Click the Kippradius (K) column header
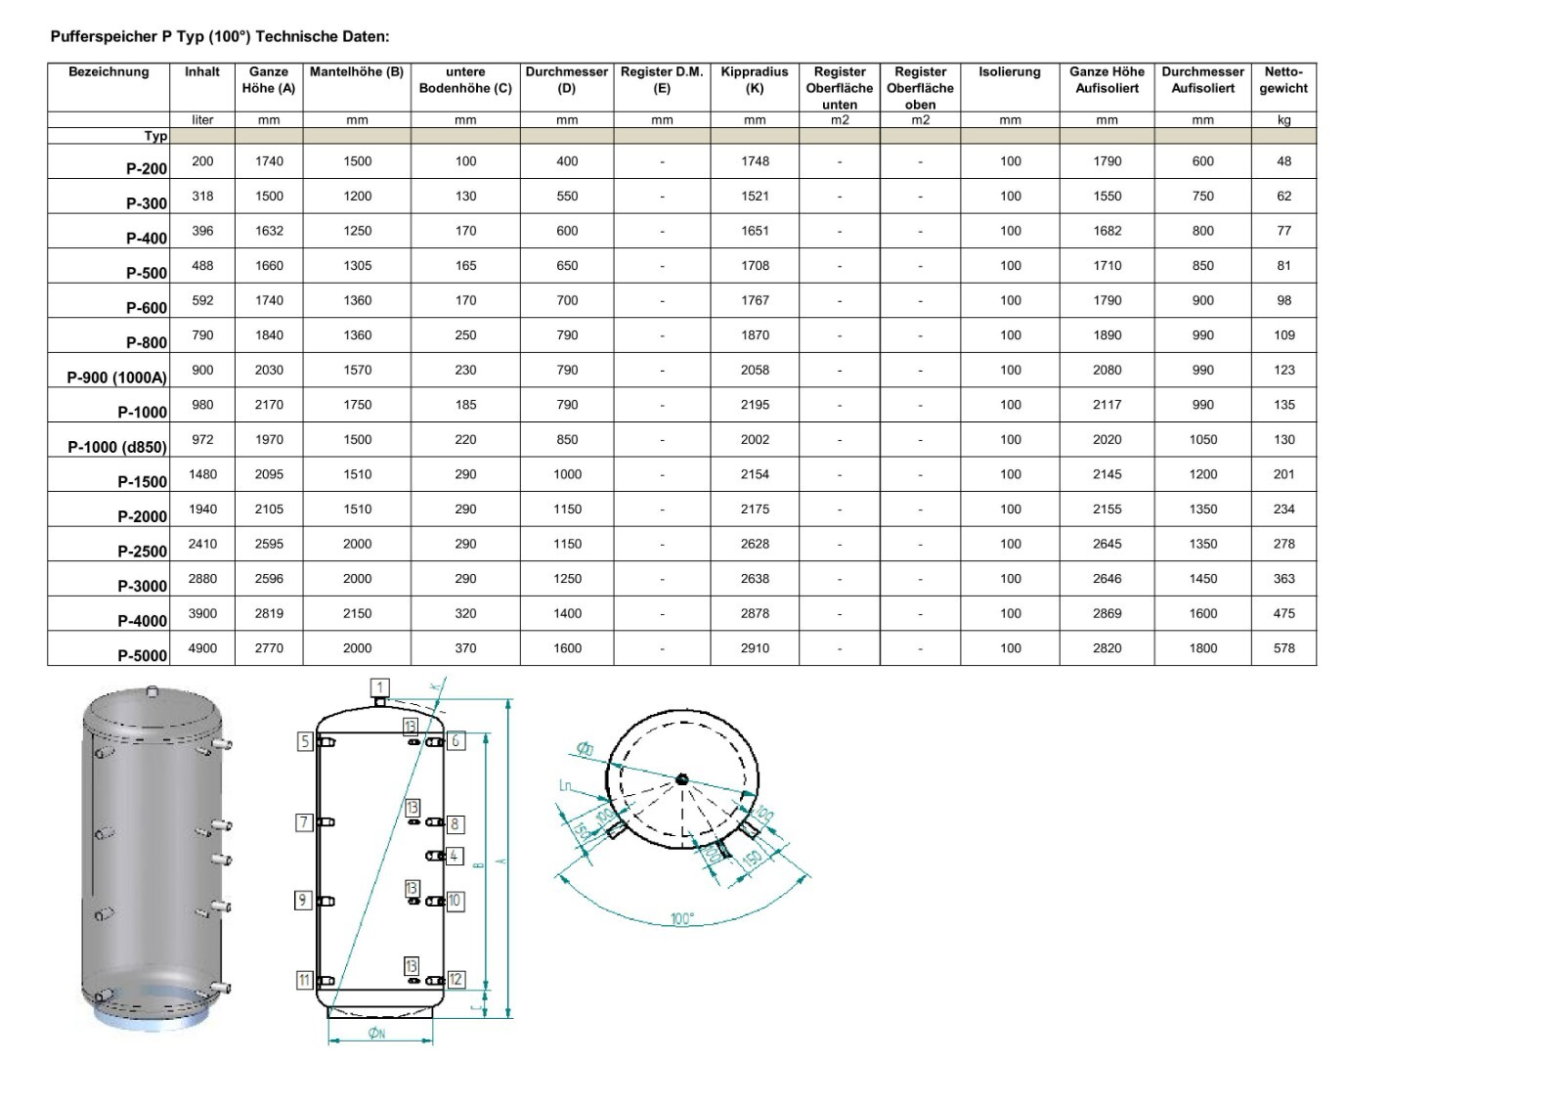754,79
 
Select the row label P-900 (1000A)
116,377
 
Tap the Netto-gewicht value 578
1283,647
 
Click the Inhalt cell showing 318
202,196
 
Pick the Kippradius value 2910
754,647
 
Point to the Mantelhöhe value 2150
357,613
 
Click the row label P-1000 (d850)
117,447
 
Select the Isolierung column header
1009,71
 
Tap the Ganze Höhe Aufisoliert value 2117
1107,404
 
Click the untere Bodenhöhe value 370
465,647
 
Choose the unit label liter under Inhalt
202,120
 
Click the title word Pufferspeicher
104,37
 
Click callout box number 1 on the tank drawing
380,687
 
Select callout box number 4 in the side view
454,856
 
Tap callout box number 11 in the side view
304,980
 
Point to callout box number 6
456,740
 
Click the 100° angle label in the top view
681,919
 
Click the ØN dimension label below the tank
376,1034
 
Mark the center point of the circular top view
681,778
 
